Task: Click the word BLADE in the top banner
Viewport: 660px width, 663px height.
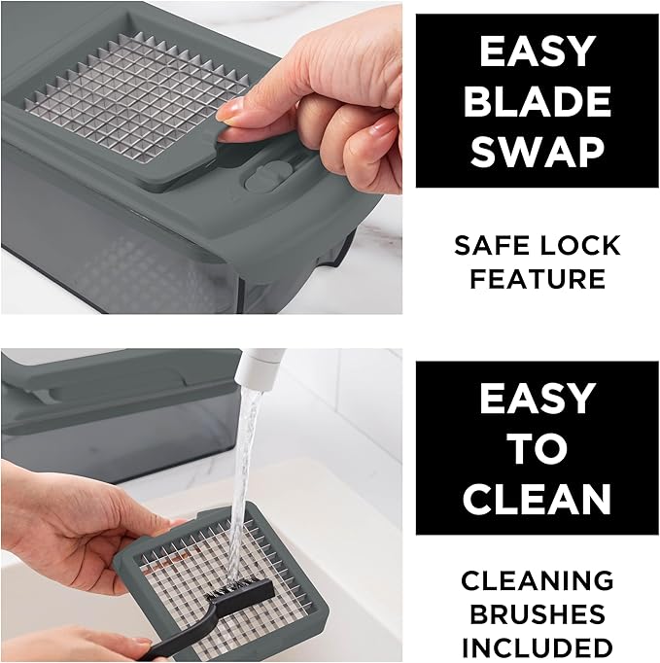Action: (x=538, y=101)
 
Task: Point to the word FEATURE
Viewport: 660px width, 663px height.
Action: (x=538, y=279)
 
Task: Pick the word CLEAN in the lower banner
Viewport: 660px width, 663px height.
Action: (x=538, y=498)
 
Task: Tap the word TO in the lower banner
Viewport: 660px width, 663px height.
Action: (x=538, y=448)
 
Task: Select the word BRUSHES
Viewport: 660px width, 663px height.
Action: (x=538, y=613)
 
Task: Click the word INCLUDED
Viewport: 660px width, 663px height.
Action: (x=538, y=647)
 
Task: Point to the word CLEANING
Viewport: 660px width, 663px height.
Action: (x=538, y=580)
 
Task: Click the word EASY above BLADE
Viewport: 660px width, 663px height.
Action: (x=538, y=52)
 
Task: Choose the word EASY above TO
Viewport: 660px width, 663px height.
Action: (x=538, y=399)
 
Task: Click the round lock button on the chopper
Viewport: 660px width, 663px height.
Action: (x=267, y=178)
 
